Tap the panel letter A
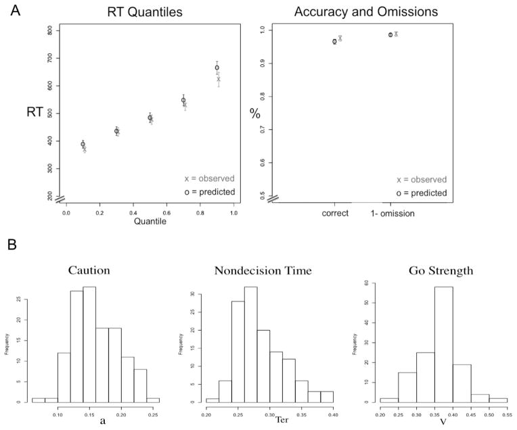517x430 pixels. [9, 9]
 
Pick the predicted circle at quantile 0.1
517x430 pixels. [83, 144]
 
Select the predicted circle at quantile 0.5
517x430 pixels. [150, 118]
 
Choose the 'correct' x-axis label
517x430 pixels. [335, 212]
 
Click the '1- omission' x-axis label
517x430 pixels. [393, 212]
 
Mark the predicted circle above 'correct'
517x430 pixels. [334, 41]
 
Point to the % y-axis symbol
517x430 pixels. [255, 113]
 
